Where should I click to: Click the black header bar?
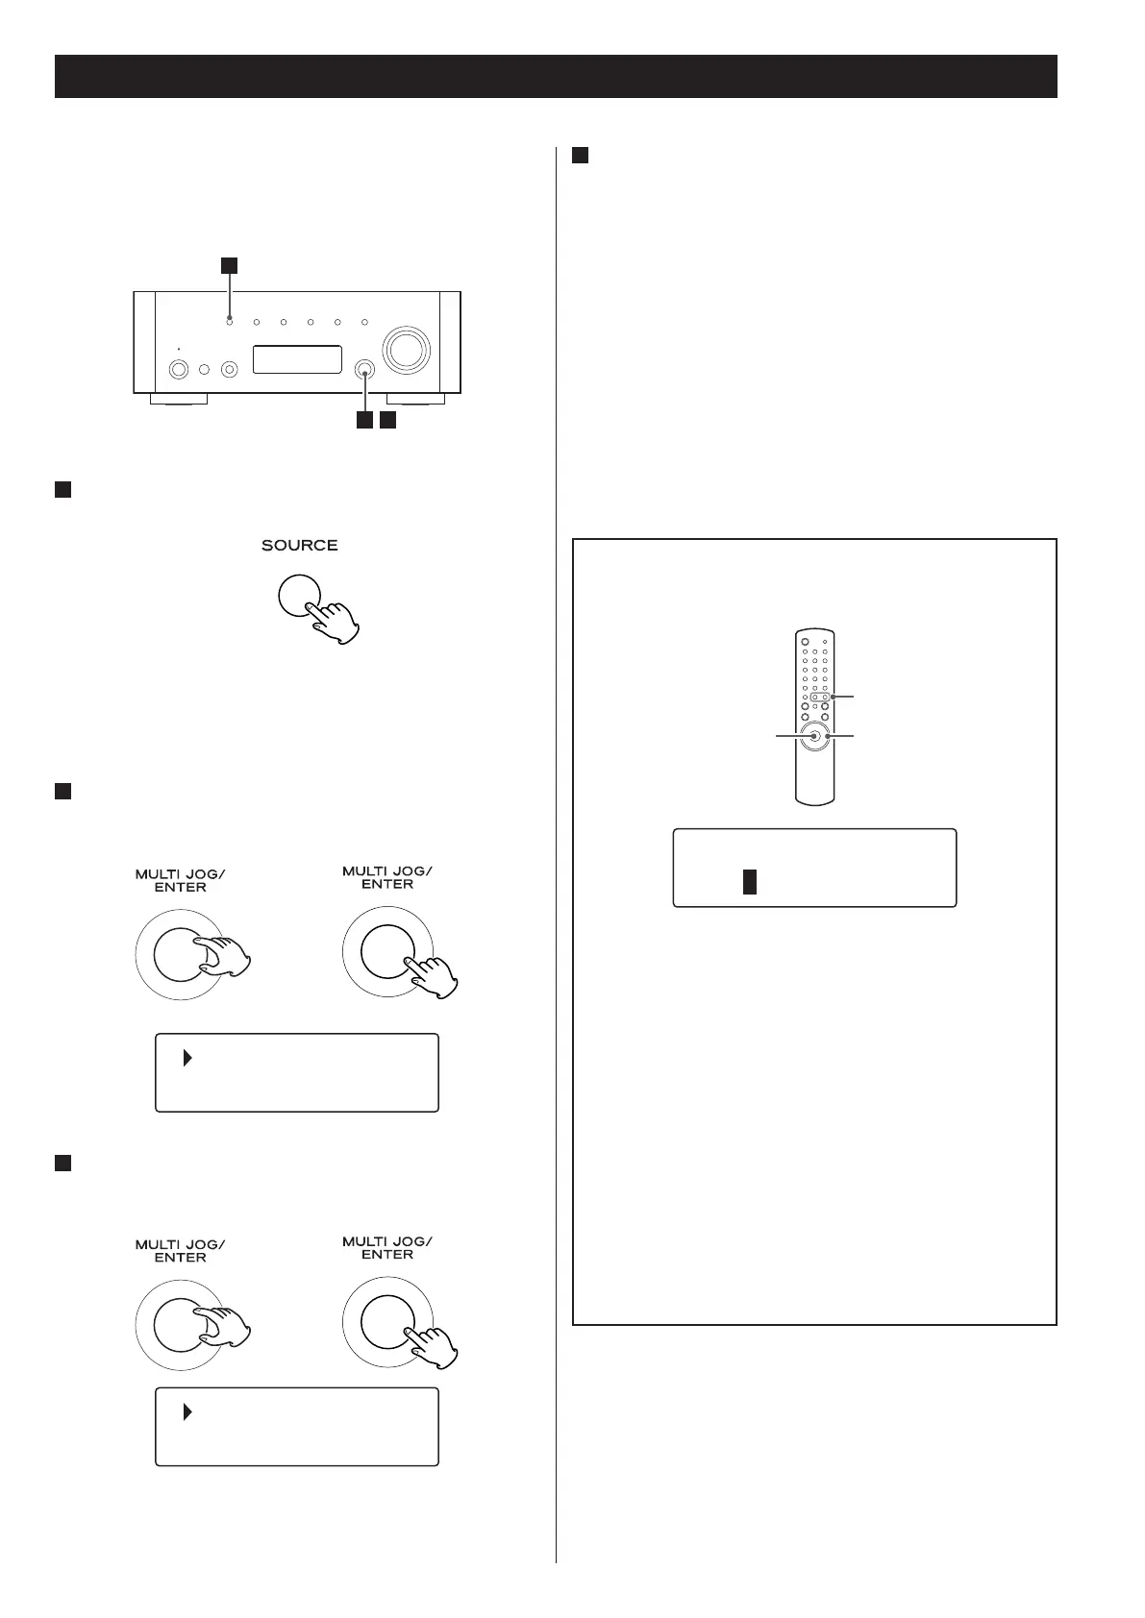point(556,76)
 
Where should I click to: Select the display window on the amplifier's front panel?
point(297,359)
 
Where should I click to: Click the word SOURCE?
point(299,546)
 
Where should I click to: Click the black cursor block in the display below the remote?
point(750,882)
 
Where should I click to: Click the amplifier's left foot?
point(178,399)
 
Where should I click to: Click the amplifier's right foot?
point(415,399)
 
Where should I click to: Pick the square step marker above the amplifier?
point(229,264)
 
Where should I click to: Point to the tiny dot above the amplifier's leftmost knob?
point(179,350)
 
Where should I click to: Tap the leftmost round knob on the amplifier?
point(179,369)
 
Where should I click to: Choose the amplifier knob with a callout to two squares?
point(365,369)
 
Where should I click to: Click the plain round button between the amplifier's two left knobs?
point(204,369)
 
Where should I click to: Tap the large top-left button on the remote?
point(805,642)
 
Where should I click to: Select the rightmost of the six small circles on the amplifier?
point(364,323)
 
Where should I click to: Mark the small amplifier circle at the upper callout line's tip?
point(230,322)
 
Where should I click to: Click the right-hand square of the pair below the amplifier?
point(386,421)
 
